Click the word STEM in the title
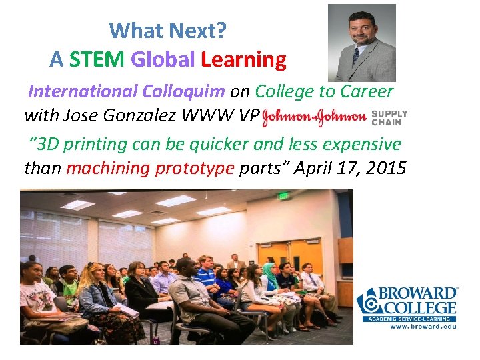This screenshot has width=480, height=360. click(97, 60)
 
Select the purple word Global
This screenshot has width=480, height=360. click(163, 60)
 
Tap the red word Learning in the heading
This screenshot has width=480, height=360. click(243, 60)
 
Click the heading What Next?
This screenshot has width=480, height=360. click(168, 30)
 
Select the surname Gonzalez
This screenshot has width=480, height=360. click(143, 115)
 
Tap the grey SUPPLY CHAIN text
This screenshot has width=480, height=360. click(389, 117)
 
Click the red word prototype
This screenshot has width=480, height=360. click(195, 167)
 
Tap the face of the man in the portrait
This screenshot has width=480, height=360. click(358, 30)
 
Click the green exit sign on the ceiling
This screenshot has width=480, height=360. click(283, 196)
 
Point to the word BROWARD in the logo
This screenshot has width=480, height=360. click(418, 294)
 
